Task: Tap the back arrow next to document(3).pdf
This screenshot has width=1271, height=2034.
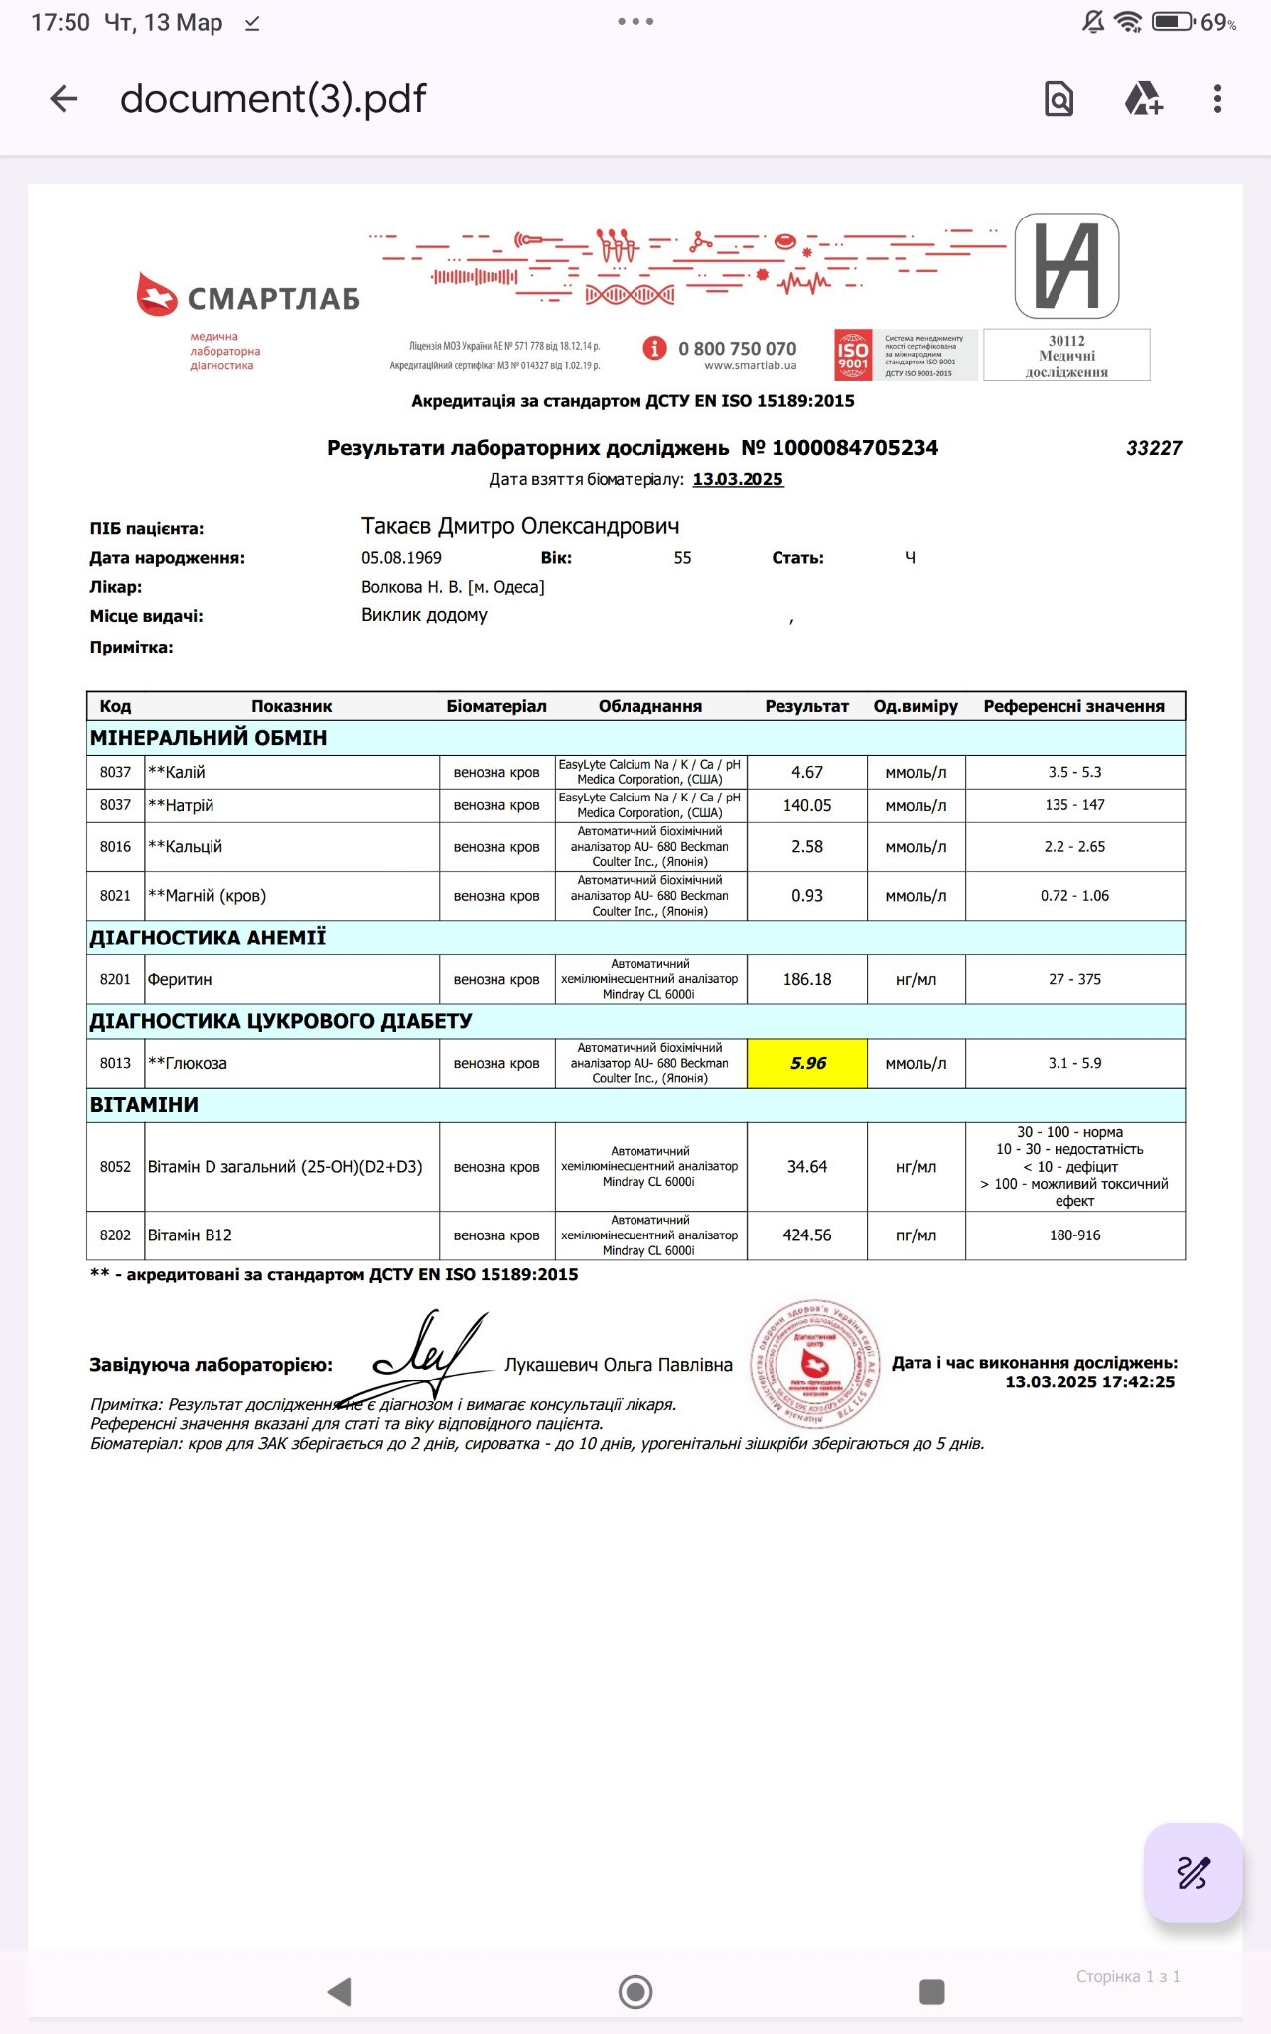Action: (x=64, y=99)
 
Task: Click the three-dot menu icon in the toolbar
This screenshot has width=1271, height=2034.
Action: (x=1217, y=99)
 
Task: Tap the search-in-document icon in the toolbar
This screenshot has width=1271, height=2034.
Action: (x=1059, y=99)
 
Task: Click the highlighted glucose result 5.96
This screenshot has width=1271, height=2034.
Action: (x=807, y=1063)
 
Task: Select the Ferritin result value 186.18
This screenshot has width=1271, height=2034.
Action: (x=807, y=979)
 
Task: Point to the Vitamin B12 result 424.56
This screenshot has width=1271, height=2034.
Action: (x=807, y=1235)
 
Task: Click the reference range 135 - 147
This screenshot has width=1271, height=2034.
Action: (x=1074, y=805)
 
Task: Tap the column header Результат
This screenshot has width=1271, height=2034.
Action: (x=806, y=706)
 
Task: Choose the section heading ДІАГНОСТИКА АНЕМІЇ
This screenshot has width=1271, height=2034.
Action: (x=208, y=938)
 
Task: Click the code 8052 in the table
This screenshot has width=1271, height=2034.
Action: (x=115, y=1167)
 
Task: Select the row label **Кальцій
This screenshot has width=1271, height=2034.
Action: (x=186, y=847)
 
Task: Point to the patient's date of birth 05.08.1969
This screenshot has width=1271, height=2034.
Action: (x=401, y=558)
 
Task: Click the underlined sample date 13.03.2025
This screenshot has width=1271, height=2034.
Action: (x=738, y=479)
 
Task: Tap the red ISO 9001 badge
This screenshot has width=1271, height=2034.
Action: (x=853, y=356)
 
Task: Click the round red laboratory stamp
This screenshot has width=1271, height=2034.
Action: (x=815, y=1363)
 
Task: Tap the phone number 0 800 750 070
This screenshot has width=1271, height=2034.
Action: (x=737, y=349)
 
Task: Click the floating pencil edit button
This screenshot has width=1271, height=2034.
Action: (x=1193, y=1872)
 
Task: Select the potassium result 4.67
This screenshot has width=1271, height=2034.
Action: (x=807, y=772)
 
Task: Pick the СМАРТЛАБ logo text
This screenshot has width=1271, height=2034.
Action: (x=273, y=299)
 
